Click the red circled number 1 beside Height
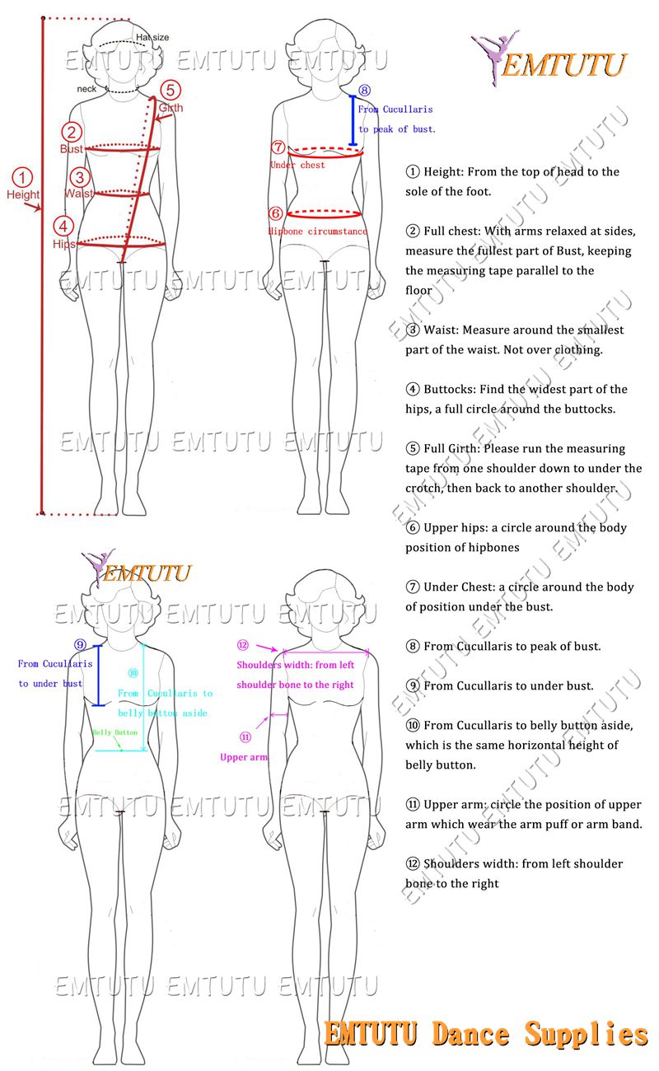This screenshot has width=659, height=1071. [23, 177]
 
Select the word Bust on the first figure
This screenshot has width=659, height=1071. [71, 149]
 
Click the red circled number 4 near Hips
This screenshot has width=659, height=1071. [63, 226]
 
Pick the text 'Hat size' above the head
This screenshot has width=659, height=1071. [152, 37]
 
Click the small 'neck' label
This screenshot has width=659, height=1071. [87, 88]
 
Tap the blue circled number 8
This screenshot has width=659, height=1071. [364, 91]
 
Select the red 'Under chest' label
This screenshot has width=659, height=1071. [297, 165]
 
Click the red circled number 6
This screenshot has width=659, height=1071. [276, 213]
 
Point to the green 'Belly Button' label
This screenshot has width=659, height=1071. [115, 732]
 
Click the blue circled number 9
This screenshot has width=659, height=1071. [79, 644]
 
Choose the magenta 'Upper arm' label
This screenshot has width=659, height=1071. [244, 757]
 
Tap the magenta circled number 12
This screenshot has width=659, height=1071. [242, 645]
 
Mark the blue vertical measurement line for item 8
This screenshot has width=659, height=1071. [353, 120]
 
